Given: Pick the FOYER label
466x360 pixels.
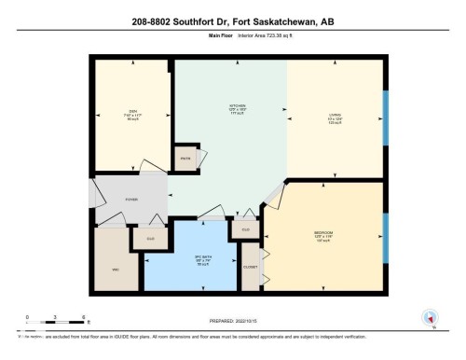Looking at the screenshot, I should pyautogui.click(x=131, y=198).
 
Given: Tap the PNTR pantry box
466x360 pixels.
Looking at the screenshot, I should pyautogui.click(x=185, y=159).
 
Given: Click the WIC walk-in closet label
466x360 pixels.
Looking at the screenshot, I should pyautogui.click(x=115, y=270).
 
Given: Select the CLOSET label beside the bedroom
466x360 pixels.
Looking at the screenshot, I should pyautogui.click(x=250, y=267).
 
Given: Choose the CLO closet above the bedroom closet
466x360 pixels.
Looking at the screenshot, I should pyautogui.click(x=246, y=229).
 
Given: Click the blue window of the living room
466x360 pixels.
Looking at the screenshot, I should pyautogui.click(x=386, y=117).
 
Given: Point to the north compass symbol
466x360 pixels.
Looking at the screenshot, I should pyautogui.click(x=430, y=317).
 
